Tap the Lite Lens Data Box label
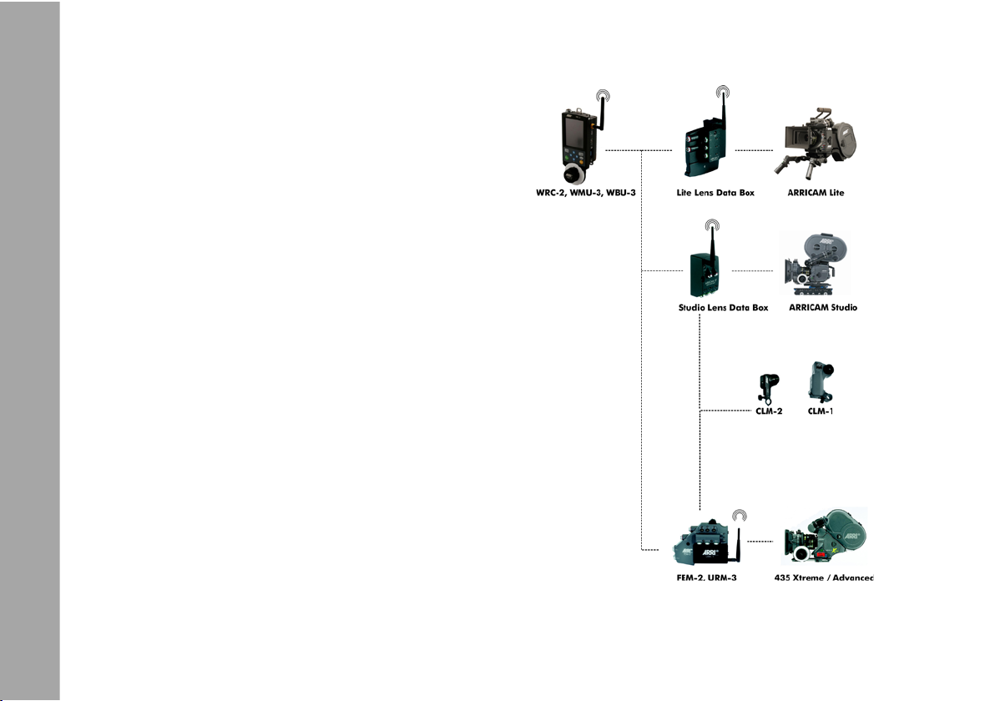(x=715, y=194)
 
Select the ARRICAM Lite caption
(x=816, y=194)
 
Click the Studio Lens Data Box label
(x=723, y=308)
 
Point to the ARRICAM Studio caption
(x=823, y=308)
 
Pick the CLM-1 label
(x=821, y=411)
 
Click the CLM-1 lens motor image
(x=820, y=381)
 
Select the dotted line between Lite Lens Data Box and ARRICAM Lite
(x=755, y=150)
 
